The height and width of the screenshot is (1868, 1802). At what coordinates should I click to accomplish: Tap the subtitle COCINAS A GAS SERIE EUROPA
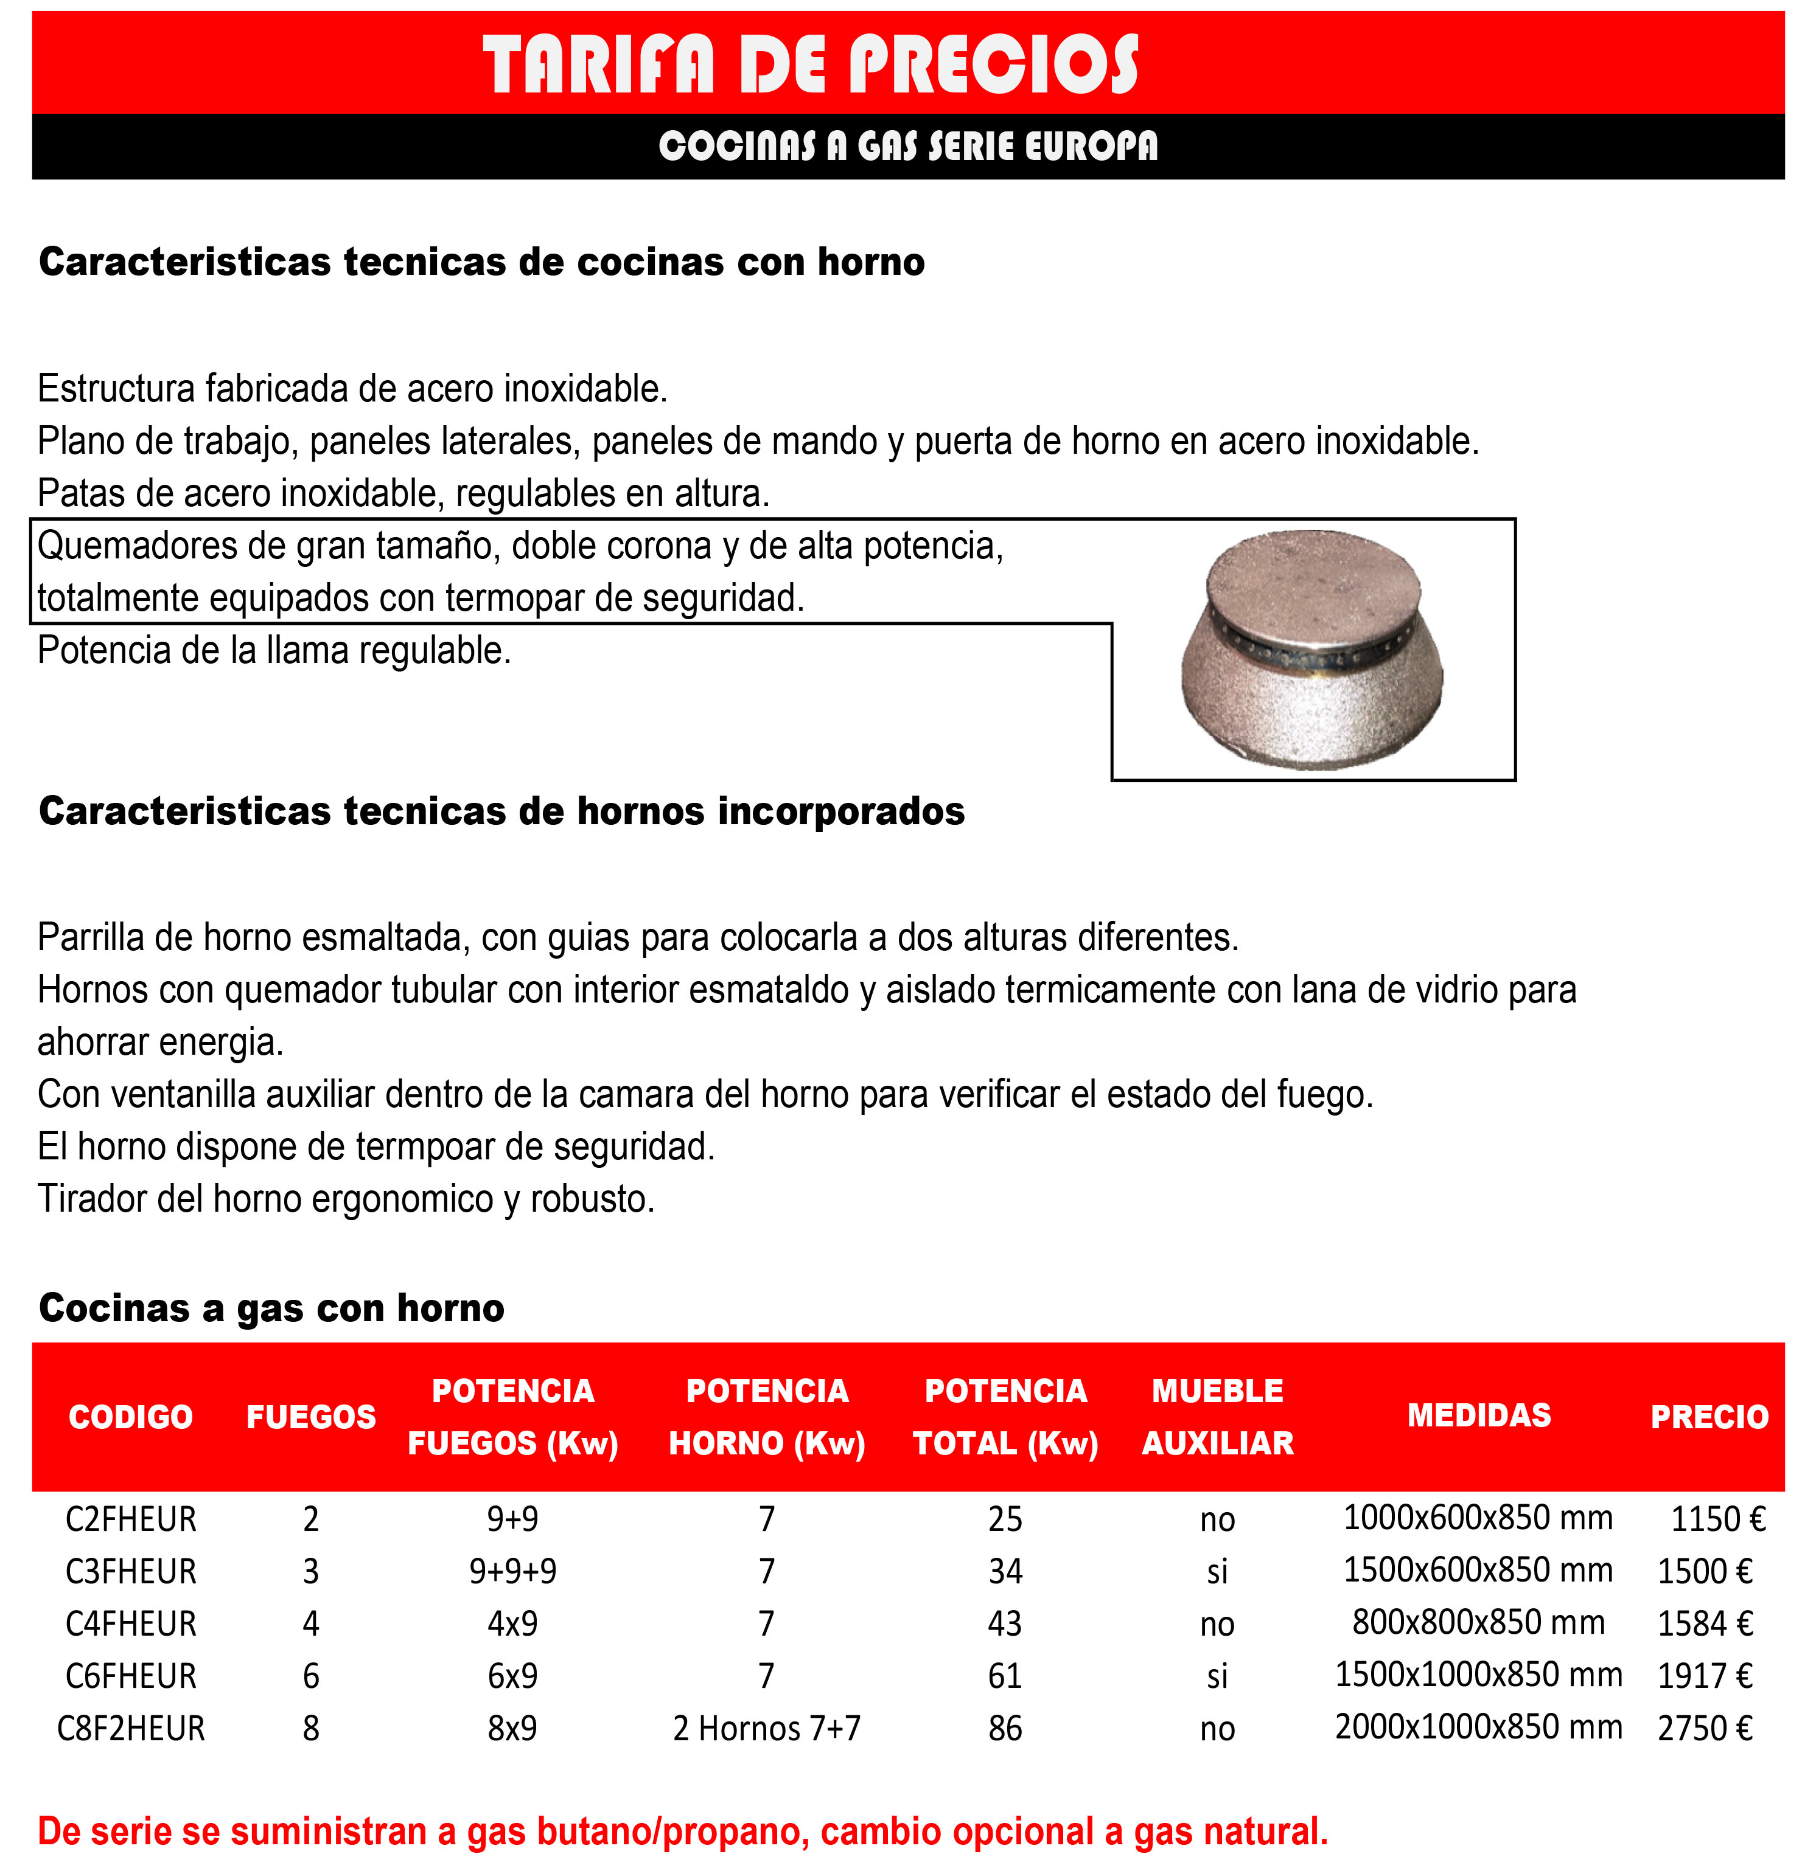pyautogui.click(x=907, y=146)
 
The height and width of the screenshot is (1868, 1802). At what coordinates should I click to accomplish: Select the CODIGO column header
pyautogui.click(x=131, y=1416)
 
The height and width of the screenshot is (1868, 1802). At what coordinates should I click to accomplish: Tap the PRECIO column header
pyautogui.click(x=1708, y=1416)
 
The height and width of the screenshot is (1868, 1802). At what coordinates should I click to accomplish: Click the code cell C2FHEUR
pyautogui.click(x=131, y=1518)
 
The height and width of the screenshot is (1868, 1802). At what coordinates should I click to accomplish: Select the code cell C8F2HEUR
pyautogui.click(x=131, y=1728)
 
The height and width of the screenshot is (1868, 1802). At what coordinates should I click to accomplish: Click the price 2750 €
pyautogui.click(x=1704, y=1728)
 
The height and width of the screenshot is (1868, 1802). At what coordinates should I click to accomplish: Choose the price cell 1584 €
pyautogui.click(x=1704, y=1623)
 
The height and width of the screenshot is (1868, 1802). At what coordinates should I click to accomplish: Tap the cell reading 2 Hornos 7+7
pyautogui.click(x=767, y=1728)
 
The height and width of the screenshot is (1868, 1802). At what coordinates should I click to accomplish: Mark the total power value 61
pyautogui.click(x=1005, y=1675)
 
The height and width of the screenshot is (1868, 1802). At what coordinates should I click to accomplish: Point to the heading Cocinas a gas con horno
pyautogui.click(x=271, y=1308)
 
